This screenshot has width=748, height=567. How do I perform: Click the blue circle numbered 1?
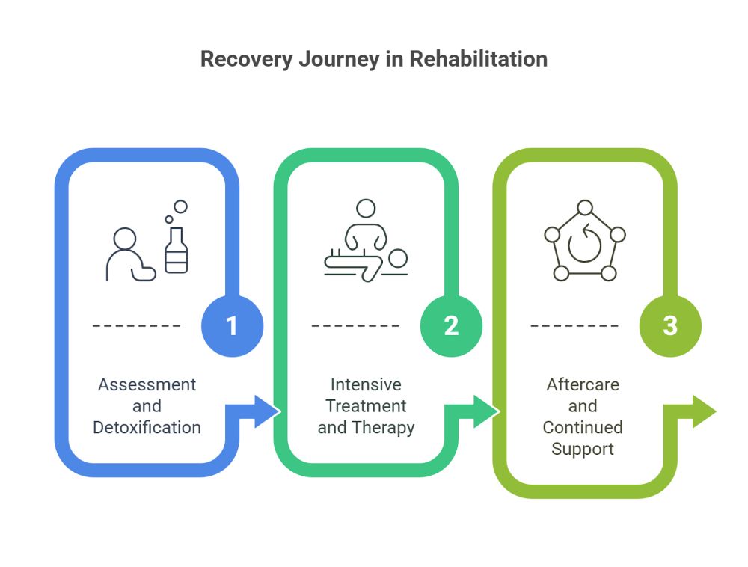point(232,326)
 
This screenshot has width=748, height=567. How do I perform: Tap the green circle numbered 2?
point(451,326)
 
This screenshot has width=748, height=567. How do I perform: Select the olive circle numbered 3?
point(670,326)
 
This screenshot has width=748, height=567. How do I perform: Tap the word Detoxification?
point(147,428)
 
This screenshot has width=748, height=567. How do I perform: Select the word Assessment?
point(147,384)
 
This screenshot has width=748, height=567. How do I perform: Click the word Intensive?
point(366,384)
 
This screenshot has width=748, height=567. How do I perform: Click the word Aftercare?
point(583,384)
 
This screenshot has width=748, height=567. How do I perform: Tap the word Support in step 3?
point(583,449)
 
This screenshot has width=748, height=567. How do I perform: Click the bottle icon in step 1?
point(177,250)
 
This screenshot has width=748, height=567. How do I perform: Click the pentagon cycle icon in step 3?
point(584,241)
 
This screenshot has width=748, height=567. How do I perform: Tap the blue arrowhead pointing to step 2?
point(266,411)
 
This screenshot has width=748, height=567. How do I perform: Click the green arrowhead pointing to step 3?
point(485,411)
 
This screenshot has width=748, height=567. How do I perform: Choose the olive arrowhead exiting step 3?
point(703,411)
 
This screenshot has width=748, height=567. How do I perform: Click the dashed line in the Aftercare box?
point(574,326)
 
